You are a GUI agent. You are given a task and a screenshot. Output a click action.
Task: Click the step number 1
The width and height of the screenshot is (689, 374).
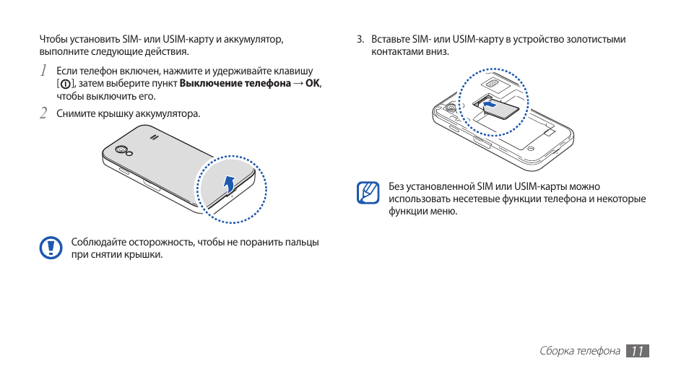point(43,71)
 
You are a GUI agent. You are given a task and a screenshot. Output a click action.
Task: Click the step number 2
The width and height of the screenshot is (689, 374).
point(43,113)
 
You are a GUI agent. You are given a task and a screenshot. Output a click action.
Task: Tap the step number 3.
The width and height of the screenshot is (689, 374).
point(360,40)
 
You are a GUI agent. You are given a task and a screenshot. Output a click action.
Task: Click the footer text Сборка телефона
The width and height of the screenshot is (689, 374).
point(579,352)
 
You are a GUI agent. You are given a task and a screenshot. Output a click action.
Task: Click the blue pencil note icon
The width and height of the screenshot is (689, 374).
point(368,193)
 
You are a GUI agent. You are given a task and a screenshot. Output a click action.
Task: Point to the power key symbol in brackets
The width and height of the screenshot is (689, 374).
point(66,84)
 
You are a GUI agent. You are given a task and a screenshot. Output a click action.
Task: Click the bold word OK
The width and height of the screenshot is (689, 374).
point(312,84)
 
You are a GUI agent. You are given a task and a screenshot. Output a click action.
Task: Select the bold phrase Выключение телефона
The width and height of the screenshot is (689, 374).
point(235,84)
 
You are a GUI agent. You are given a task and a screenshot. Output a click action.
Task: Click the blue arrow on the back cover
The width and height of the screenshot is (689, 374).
point(229,185)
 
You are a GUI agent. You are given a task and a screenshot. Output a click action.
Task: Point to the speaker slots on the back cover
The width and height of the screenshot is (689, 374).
point(153,136)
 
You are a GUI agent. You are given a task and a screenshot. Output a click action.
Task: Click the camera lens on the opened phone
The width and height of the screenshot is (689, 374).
point(449,109)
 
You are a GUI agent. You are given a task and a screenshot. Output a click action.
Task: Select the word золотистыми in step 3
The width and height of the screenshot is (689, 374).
point(595,40)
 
